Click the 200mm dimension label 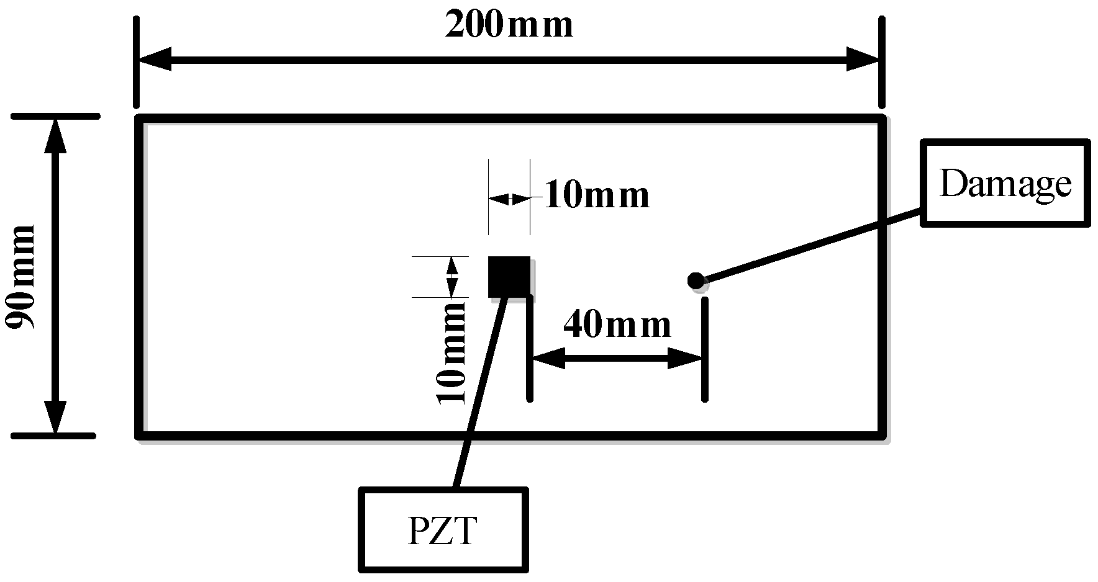[509, 26]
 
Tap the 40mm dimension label [617, 325]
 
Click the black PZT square [509, 277]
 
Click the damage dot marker [696, 281]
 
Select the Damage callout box [1005, 183]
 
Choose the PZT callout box [443, 529]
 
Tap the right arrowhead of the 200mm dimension [863, 60]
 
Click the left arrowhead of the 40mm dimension [549, 358]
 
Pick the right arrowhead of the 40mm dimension [685, 358]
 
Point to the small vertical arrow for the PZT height [452, 277]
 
